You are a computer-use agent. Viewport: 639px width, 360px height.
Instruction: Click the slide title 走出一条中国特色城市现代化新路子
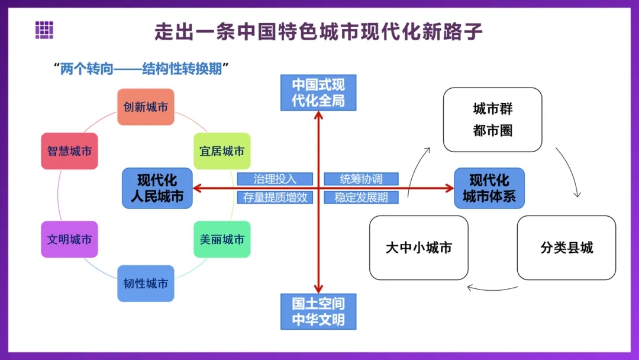click(x=319, y=31)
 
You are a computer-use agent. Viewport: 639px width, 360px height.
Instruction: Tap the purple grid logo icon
click(x=44, y=30)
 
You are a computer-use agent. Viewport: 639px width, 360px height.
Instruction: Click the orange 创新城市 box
click(x=146, y=107)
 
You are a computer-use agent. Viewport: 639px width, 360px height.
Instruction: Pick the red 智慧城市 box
click(x=69, y=151)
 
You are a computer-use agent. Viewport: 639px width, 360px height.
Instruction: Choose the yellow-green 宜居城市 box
click(x=222, y=151)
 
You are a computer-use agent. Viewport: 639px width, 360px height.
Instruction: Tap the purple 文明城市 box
click(x=69, y=240)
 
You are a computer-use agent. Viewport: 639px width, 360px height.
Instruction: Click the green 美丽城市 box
click(x=222, y=240)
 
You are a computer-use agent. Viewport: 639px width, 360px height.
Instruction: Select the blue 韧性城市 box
click(x=146, y=284)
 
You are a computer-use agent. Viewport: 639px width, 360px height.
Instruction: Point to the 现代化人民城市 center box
click(x=157, y=188)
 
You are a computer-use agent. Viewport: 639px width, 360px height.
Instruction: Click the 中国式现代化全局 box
click(x=318, y=93)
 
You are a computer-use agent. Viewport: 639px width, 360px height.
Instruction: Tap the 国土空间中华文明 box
click(x=318, y=311)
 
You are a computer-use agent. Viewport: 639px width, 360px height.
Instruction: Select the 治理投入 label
click(x=275, y=179)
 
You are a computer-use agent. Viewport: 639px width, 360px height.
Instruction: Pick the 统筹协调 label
click(x=361, y=179)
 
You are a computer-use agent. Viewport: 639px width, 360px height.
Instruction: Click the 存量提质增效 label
click(x=275, y=198)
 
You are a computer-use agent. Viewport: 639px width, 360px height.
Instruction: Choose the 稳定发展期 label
click(x=361, y=198)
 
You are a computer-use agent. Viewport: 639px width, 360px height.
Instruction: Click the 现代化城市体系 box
click(x=489, y=188)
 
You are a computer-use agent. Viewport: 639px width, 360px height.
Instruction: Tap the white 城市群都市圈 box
click(x=492, y=120)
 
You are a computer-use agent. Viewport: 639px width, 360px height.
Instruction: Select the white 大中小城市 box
click(x=418, y=247)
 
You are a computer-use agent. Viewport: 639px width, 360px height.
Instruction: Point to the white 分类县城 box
click(x=566, y=247)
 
